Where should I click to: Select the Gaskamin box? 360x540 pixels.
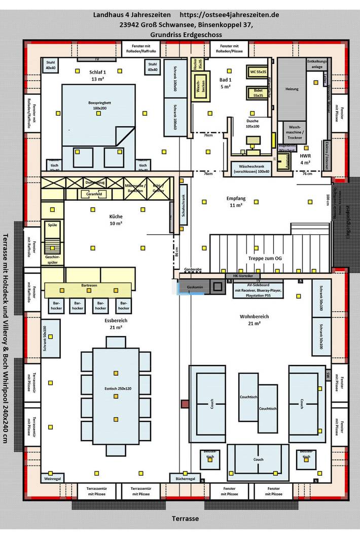tap(195, 287)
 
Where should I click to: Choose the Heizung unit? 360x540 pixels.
tap(292, 89)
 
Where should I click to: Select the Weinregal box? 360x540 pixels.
tap(52, 478)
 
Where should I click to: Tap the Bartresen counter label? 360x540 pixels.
tap(89, 285)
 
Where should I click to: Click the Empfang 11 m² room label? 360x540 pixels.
tap(236, 202)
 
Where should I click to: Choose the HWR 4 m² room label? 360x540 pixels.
tap(305, 159)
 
